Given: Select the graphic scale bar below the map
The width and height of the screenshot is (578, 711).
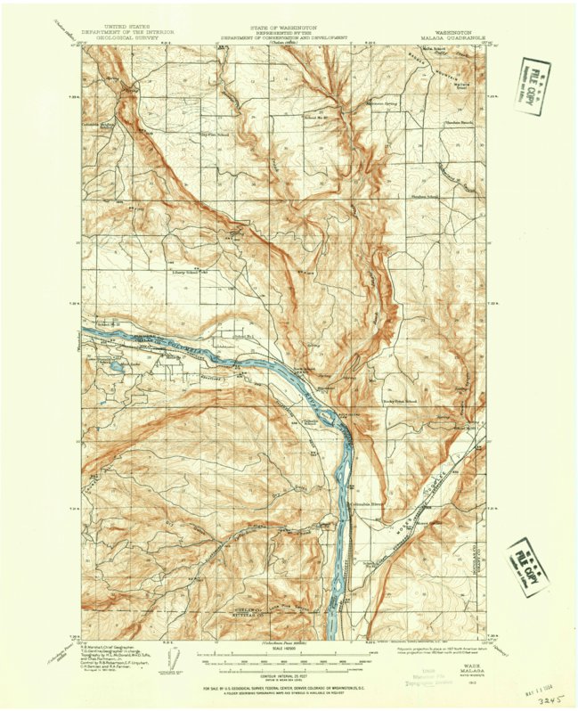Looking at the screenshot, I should click(287, 661).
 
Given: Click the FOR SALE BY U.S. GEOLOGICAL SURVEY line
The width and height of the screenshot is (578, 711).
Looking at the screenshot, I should click(287, 689).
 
